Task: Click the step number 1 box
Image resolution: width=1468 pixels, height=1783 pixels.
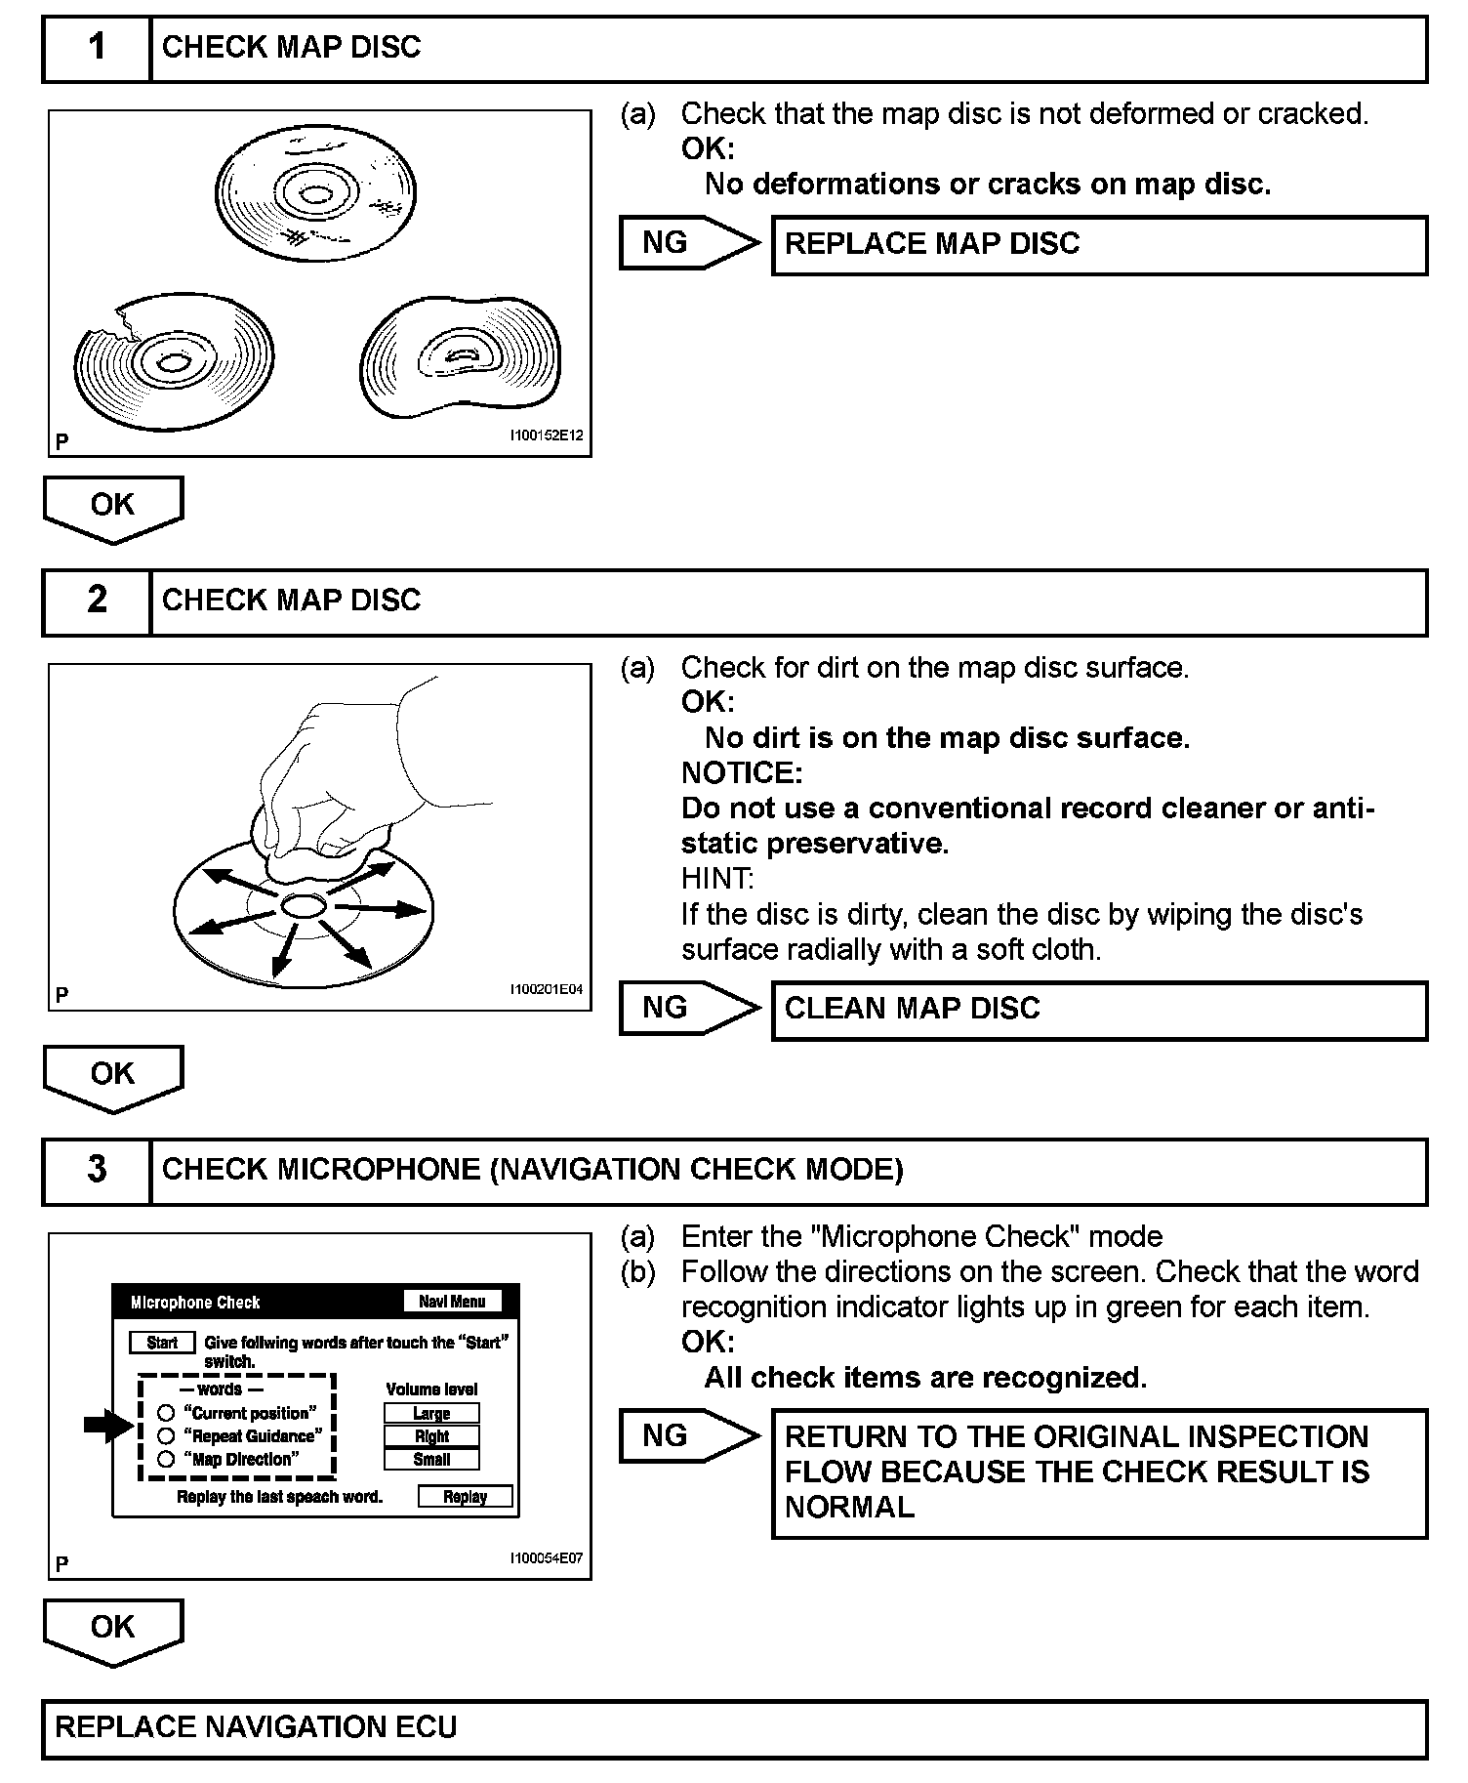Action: (x=97, y=48)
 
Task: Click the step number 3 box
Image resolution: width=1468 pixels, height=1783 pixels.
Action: (x=97, y=1170)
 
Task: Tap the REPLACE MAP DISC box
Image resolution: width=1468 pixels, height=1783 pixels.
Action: (x=1099, y=244)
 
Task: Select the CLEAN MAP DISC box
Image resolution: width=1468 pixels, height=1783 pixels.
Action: (x=1099, y=1010)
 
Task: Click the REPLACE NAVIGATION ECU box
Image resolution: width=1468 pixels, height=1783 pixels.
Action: (x=734, y=1727)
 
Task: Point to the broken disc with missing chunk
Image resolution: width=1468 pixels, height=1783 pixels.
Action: (x=173, y=361)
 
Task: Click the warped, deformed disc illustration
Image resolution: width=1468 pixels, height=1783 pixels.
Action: (x=460, y=357)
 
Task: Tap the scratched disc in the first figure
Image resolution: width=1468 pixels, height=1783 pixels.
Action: (x=315, y=193)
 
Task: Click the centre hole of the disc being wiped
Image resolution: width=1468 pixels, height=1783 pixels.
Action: (x=304, y=907)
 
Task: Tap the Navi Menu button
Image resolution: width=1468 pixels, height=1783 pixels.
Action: (x=452, y=1302)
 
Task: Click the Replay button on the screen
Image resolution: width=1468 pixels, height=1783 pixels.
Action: (x=465, y=1497)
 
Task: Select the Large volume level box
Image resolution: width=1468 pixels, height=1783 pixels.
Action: (x=431, y=1413)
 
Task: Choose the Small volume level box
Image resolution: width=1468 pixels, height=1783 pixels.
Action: (x=431, y=1460)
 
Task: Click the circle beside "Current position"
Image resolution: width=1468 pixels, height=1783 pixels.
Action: (x=166, y=1413)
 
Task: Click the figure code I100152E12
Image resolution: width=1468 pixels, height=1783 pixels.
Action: (x=546, y=435)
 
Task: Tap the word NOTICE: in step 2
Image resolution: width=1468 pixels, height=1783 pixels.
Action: (x=742, y=773)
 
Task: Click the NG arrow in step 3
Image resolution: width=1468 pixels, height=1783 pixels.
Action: (x=688, y=1435)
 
